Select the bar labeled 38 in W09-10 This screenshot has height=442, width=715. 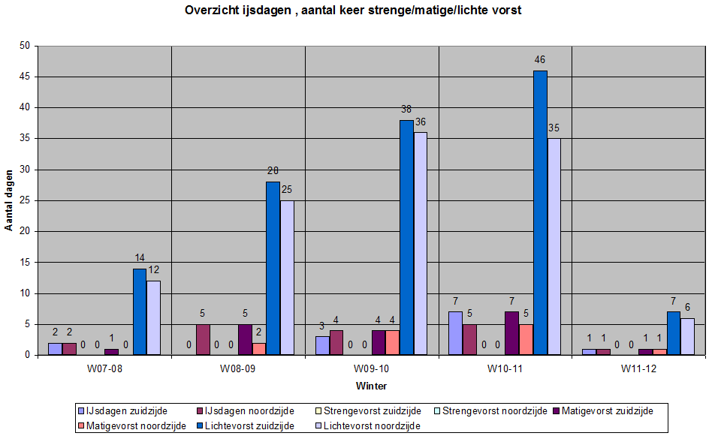point(407,237)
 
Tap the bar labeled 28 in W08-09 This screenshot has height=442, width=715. point(273,268)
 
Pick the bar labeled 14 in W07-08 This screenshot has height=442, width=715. point(140,311)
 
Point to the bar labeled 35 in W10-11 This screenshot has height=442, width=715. point(554,246)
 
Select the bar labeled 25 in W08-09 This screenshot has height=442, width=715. point(287,277)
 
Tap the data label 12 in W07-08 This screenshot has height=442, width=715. point(153,269)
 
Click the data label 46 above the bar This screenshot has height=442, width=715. point(540,59)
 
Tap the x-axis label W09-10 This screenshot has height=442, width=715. point(371,369)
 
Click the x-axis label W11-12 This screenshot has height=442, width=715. point(638,369)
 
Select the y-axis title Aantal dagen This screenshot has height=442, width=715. point(9,200)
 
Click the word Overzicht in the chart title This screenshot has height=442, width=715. point(211,11)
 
